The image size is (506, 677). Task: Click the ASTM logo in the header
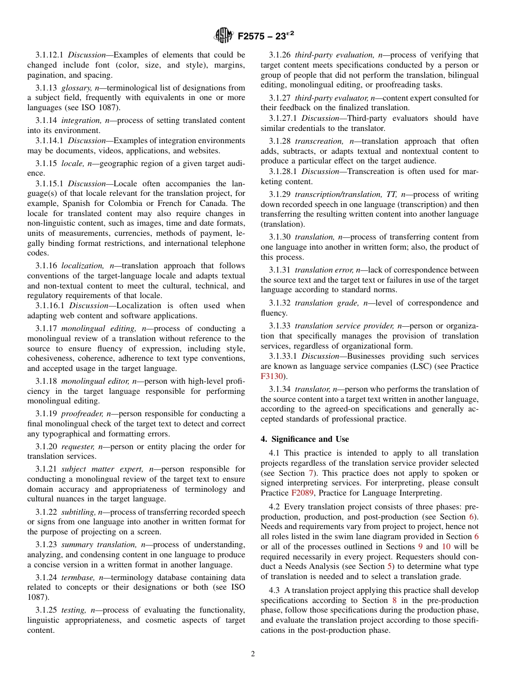point(224,36)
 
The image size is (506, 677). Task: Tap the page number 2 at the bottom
point(253,654)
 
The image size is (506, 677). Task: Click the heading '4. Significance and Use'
point(305,439)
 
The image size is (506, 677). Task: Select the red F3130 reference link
point(271,376)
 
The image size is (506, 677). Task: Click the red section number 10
point(446,547)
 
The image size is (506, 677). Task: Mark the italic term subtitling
point(78,512)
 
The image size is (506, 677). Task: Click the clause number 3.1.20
point(46,447)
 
